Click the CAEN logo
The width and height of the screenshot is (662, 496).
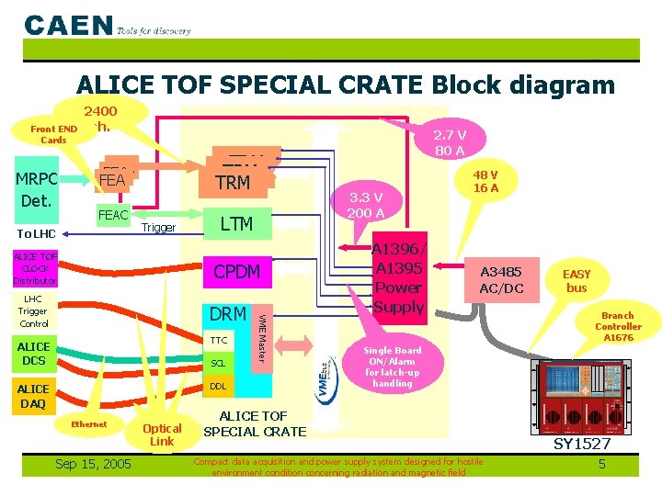(69, 25)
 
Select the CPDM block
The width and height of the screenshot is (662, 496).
(236, 272)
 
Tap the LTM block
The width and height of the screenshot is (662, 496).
(236, 223)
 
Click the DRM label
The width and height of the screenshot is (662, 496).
(227, 314)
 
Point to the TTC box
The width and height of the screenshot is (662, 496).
(218, 340)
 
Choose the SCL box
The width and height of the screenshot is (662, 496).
(218, 363)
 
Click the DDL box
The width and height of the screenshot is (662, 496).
(218, 386)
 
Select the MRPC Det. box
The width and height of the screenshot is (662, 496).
(38, 187)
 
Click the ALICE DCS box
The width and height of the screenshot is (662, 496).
(34, 353)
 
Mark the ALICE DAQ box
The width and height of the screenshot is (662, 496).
(34, 396)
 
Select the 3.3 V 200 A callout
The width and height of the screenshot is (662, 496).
(365, 205)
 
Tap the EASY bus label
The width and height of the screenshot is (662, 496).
(576, 281)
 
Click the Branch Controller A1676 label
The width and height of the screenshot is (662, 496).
(618, 326)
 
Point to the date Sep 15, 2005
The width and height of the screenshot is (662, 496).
(93, 464)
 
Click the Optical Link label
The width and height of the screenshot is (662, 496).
(162, 434)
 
